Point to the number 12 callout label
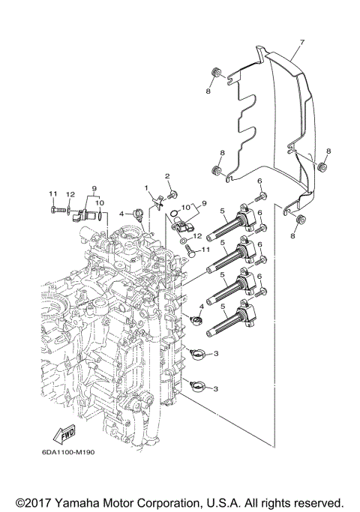tap(69, 194)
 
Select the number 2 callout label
tap(168, 176)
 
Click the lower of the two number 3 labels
tap(216, 388)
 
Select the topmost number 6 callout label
tap(259, 181)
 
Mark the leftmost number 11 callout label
tap(53, 194)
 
